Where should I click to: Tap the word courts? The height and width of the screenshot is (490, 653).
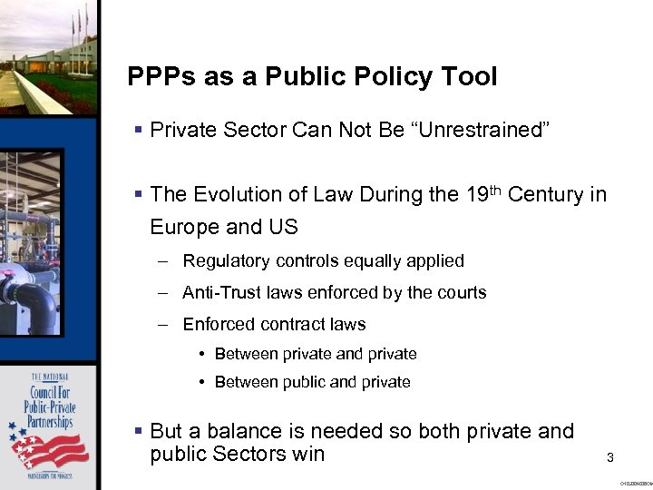(462, 292)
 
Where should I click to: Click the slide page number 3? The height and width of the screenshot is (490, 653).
(610, 458)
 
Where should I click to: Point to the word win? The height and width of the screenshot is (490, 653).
(307, 454)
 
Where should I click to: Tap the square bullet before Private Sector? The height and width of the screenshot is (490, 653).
(137, 131)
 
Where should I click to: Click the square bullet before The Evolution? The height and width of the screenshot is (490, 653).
(137, 195)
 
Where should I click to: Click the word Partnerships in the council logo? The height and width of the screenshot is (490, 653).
(50, 423)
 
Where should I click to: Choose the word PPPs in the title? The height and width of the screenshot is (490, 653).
(159, 77)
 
